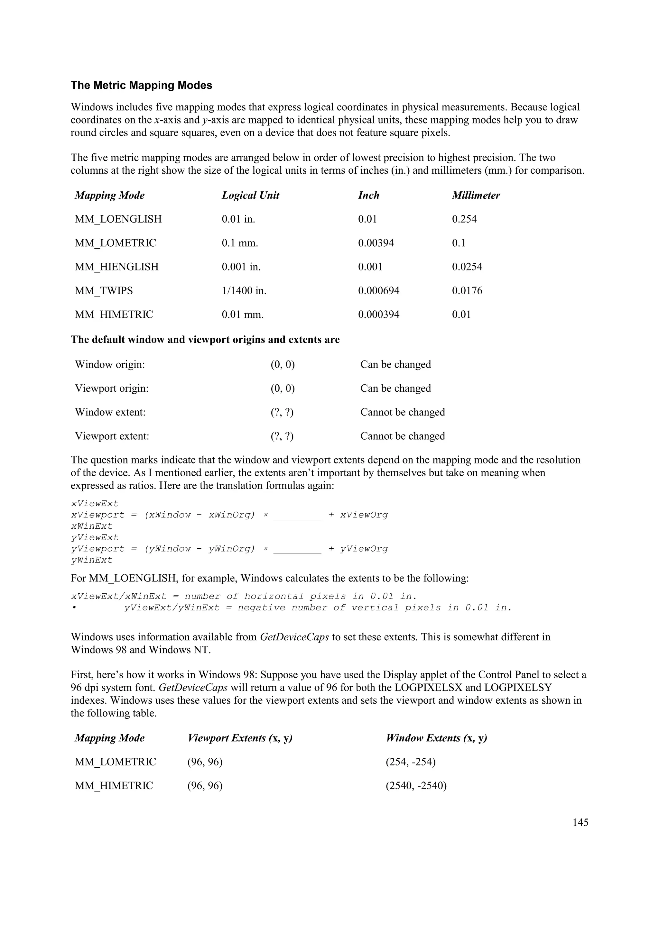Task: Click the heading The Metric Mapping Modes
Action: [x=141, y=85]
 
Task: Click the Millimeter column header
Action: [x=476, y=195]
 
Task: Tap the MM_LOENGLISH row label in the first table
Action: [x=118, y=219]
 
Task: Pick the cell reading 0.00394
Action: [x=376, y=243]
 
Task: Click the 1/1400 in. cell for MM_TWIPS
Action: [x=244, y=291]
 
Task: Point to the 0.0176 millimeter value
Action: [x=467, y=291]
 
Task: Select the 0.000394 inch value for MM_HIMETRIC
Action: [x=378, y=315]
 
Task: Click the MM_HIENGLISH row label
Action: [x=116, y=267]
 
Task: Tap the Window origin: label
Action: [x=110, y=364]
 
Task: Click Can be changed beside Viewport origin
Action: [x=395, y=388]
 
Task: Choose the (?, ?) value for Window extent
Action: [x=282, y=412]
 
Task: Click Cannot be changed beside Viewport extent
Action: [x=403, y=436]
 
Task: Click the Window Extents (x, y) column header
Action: [x=437, y=738]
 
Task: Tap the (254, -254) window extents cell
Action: [x=411, y=762]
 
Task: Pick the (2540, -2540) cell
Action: [x=416, y=786]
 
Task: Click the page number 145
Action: [x=580, y=822]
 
